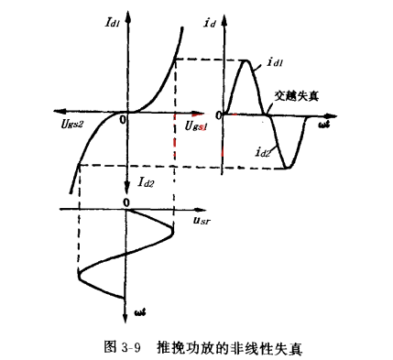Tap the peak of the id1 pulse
click(247, 60)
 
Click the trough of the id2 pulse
click(289, 167)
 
